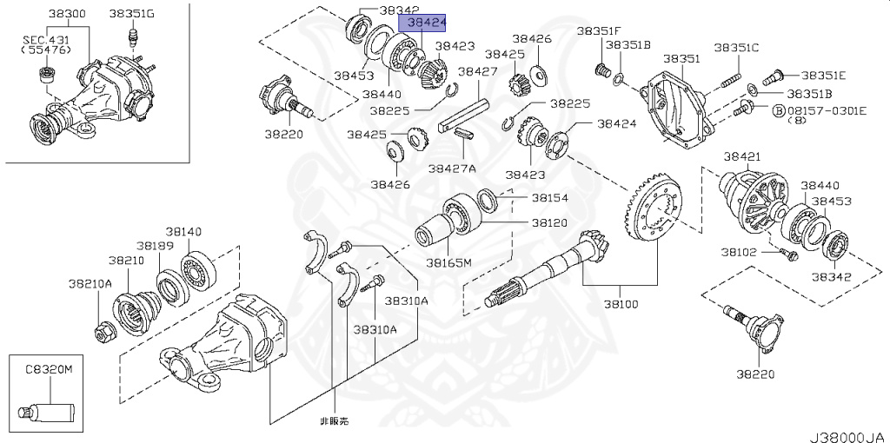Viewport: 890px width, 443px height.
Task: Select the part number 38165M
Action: [x=448, y=261]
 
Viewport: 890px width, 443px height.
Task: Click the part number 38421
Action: [x=743, y=156]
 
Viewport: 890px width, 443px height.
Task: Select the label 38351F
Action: [x=598, y=30]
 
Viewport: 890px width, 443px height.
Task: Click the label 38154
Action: [x=549, y=198]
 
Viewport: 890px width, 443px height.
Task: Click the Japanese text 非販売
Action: [x=335, y=420]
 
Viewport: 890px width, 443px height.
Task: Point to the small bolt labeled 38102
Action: [x=789, y=255]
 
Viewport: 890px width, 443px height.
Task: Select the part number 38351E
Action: [x=823, y=75]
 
